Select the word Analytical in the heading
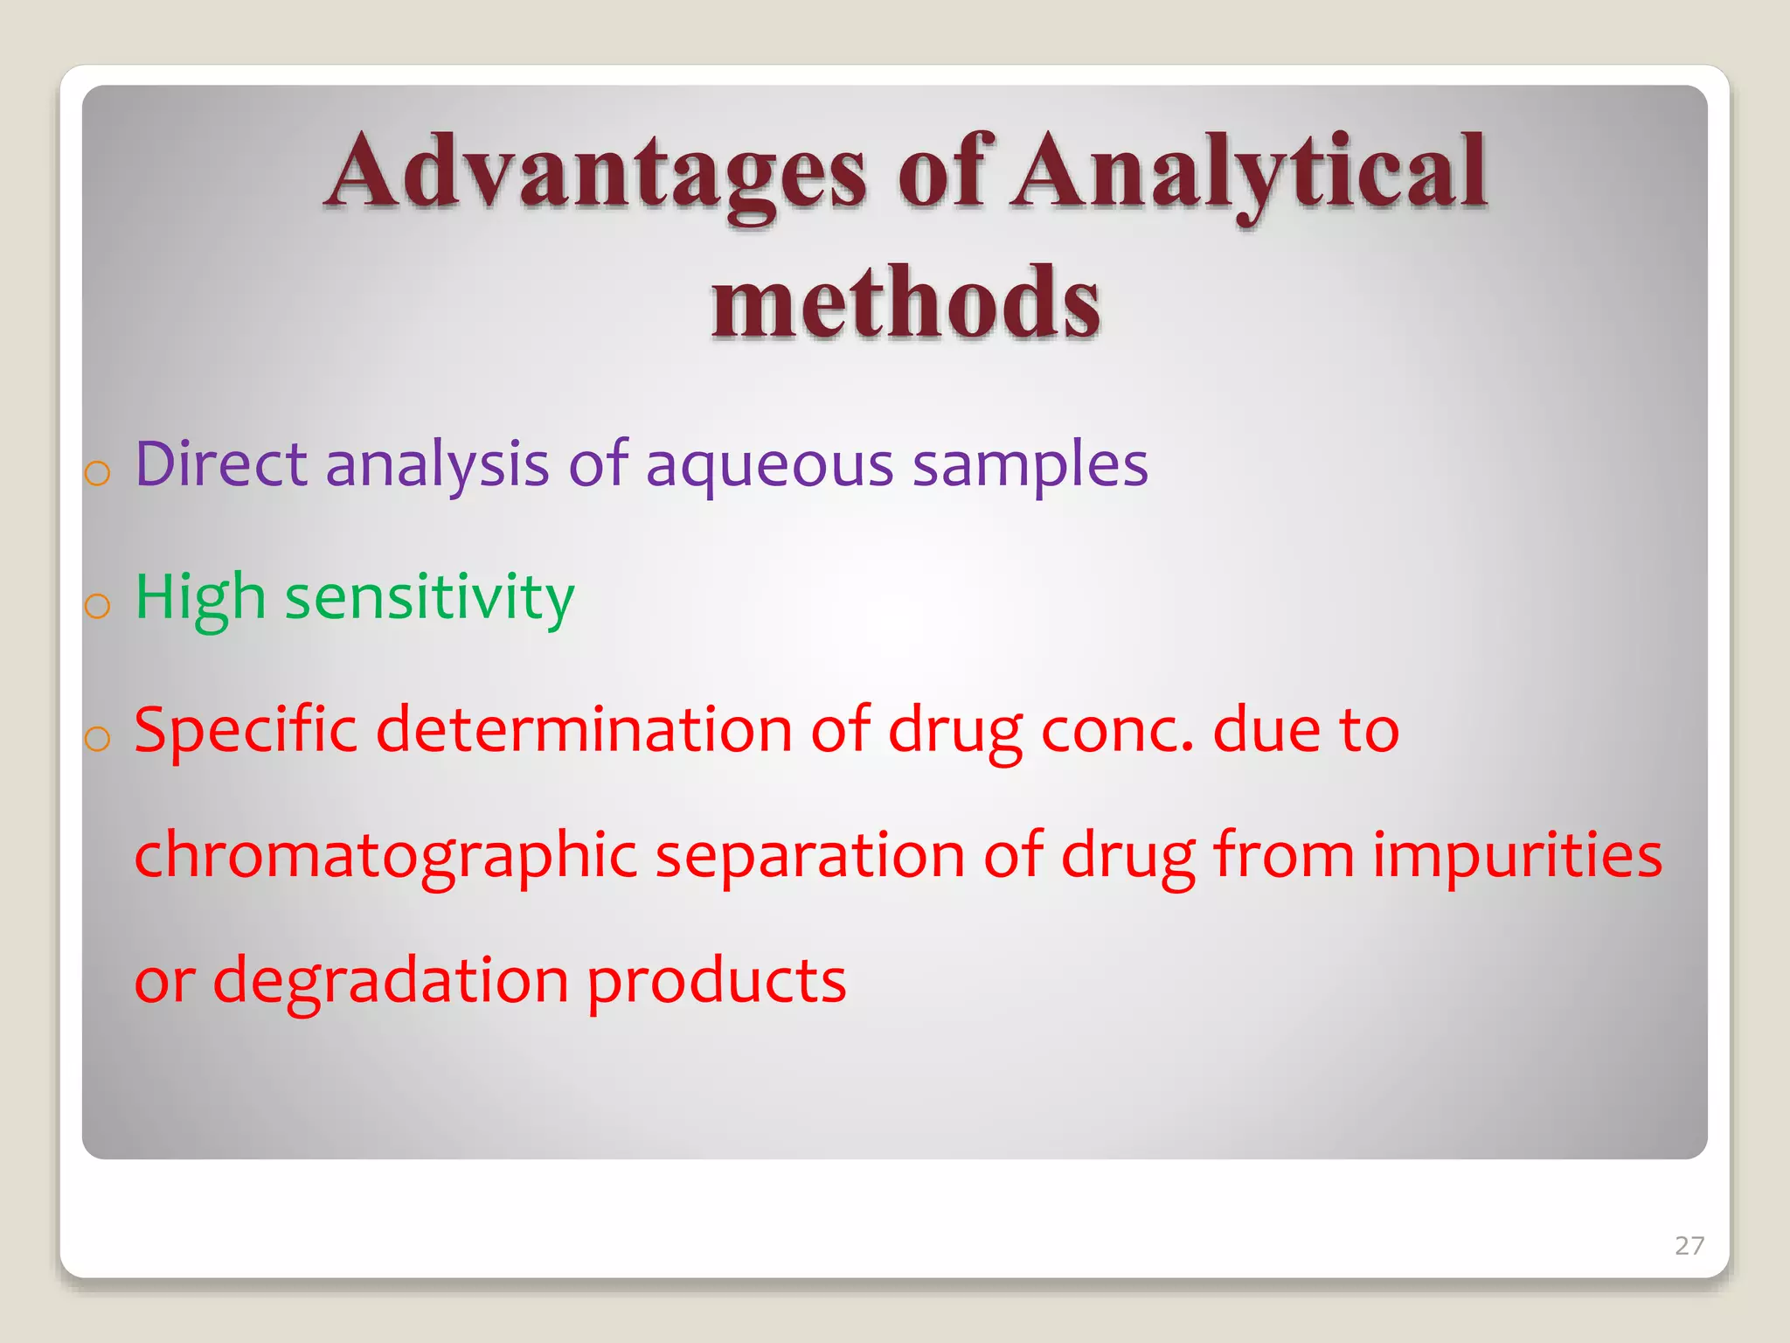(x=1250, y=173)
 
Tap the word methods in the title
(x=905, y=303)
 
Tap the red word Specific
(x=246, y=731)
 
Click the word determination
(x=584, y=731)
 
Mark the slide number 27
(x=1689, y=1245)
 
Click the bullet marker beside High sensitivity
(x=98, y=605)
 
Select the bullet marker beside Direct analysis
(x=98, y=473)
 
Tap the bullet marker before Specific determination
(x=98, y=739)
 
